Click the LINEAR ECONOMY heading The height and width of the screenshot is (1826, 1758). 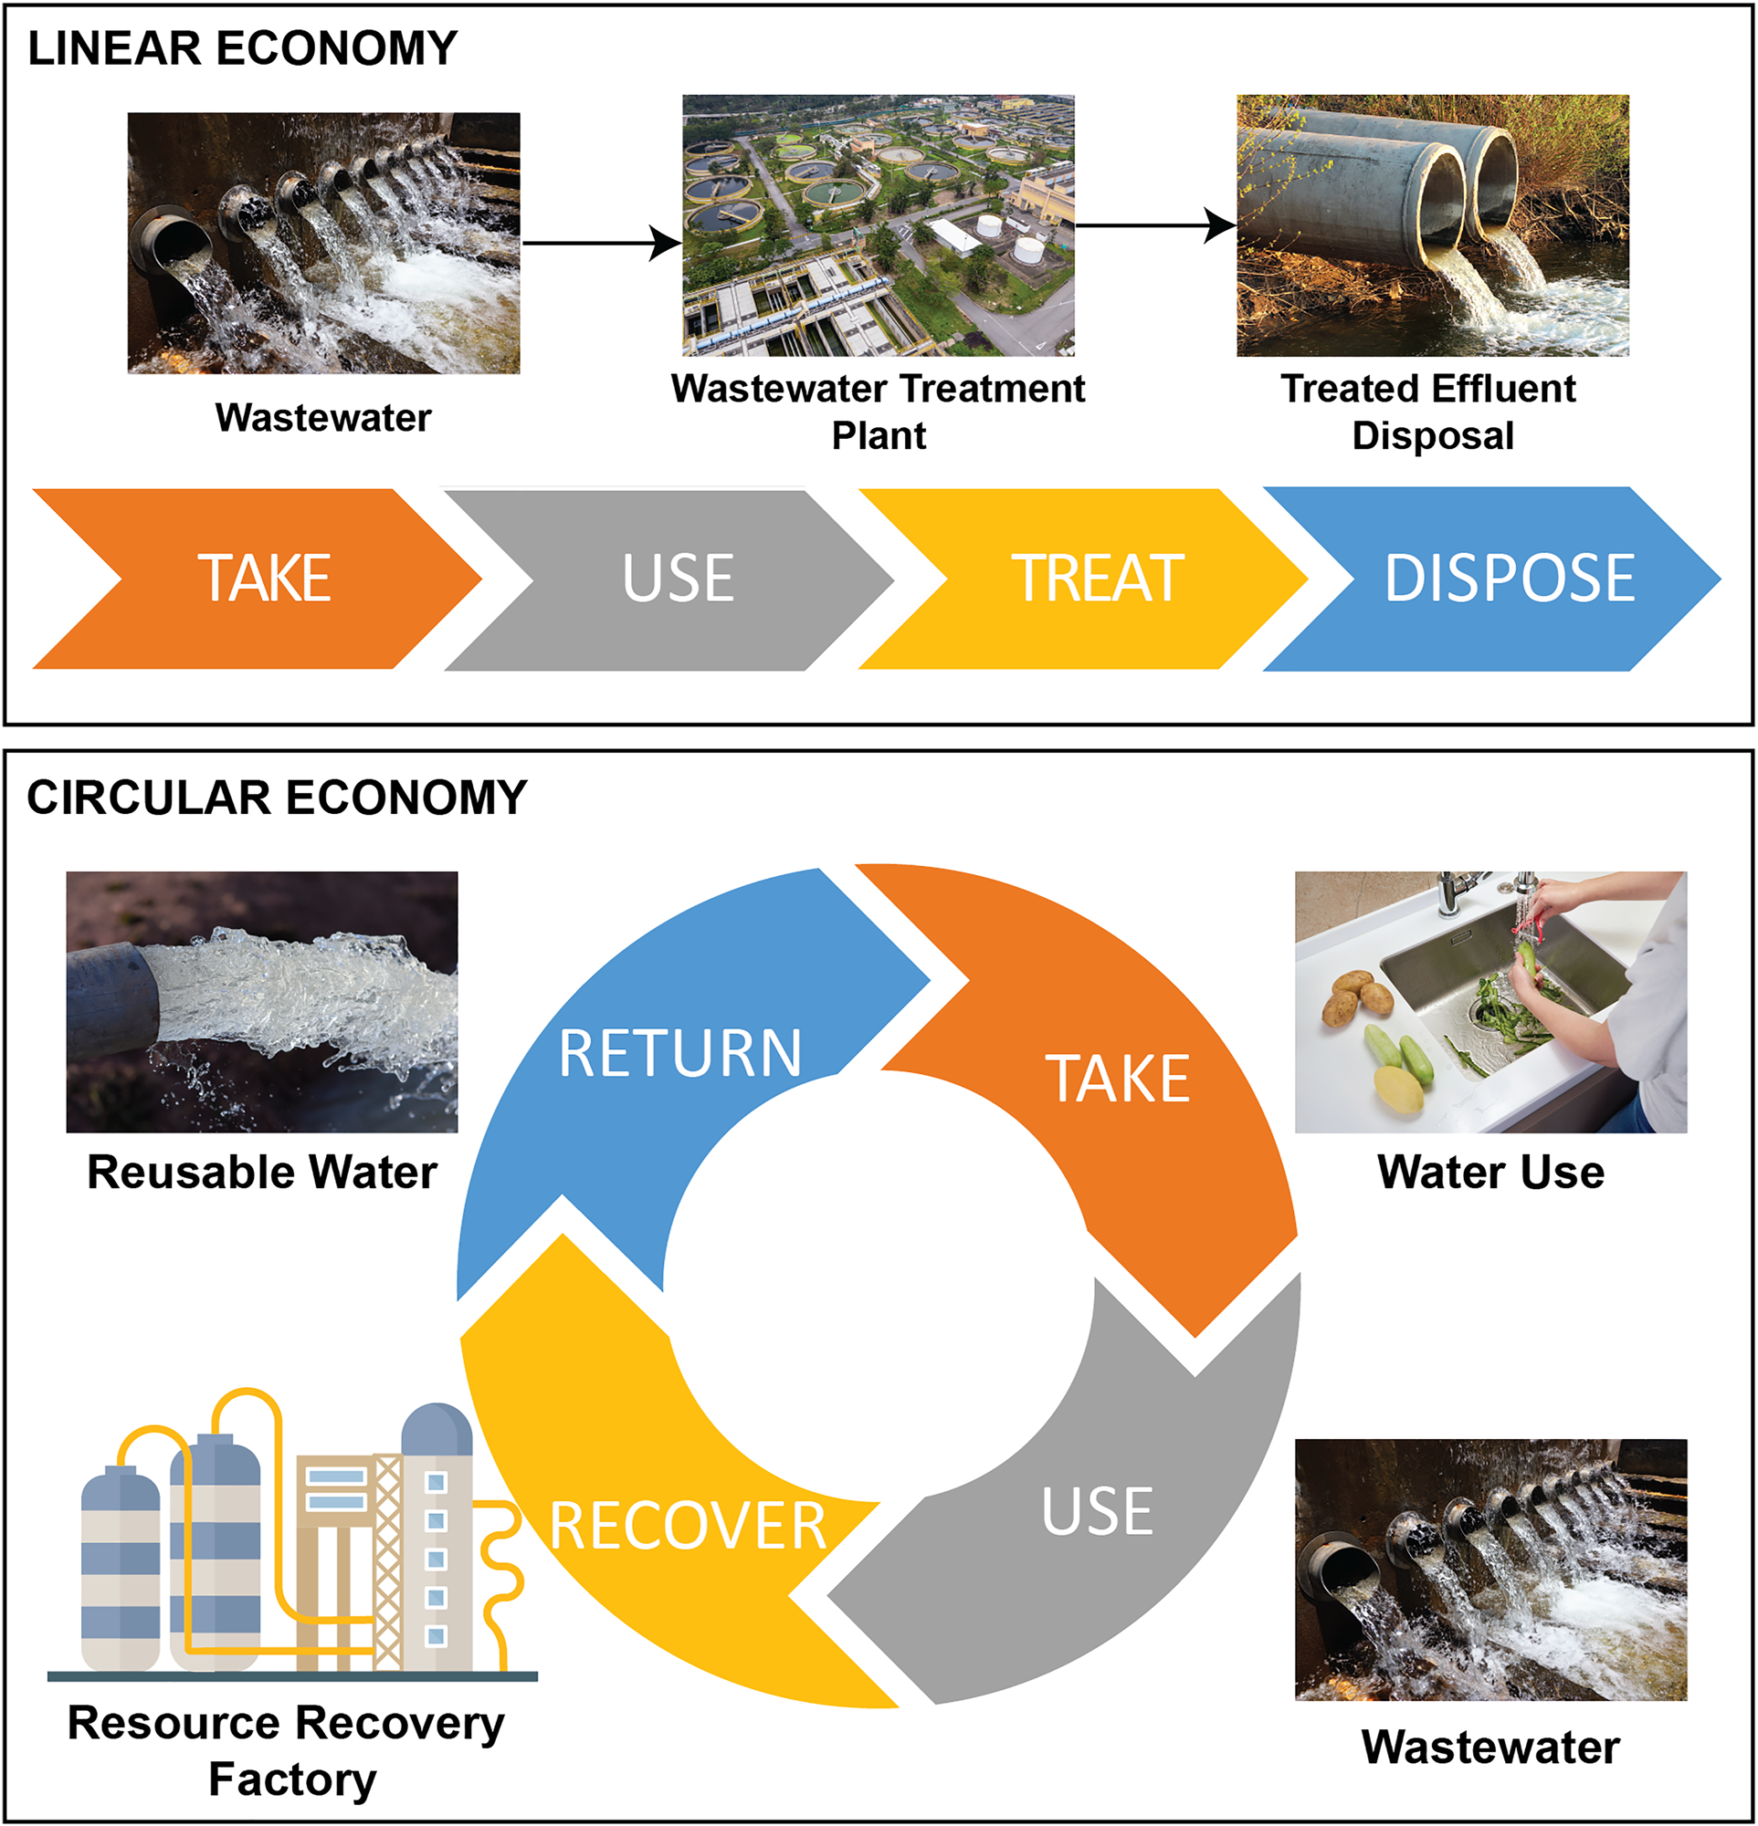point(242,48)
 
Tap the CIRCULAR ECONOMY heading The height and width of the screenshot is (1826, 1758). point(277,798)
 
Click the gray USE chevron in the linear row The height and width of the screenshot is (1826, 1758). point(678,579)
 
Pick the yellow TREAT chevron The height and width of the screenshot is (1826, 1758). point(1097,579)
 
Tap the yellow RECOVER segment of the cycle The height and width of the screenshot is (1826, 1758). point(652,1528)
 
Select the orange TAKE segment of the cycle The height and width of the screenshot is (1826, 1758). point(1119,1080)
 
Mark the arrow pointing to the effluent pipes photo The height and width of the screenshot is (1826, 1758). point(1156,225)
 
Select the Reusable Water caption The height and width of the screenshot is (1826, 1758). point(262,1172)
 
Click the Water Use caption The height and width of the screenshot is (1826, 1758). point(1490,1172)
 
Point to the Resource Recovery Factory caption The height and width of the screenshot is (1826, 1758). point(287,1750)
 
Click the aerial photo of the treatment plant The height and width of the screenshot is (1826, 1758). point(878,225)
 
